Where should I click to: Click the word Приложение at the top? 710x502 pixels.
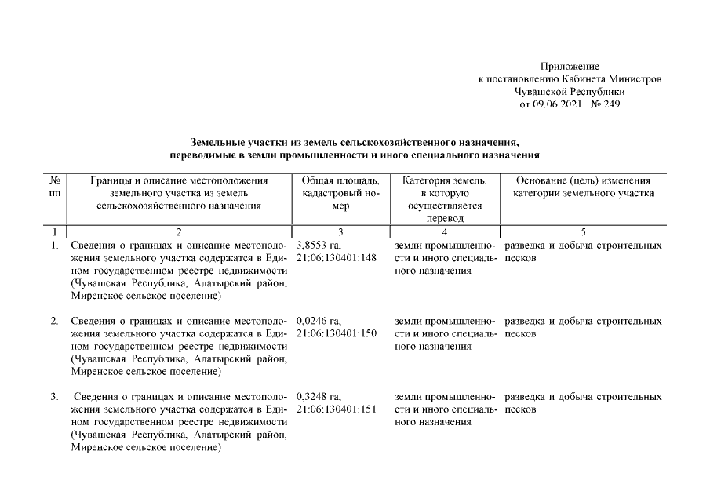coord(570,67)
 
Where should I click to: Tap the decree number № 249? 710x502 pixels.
coord(605,104)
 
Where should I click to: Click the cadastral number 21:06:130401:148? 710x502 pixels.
coord(337,258)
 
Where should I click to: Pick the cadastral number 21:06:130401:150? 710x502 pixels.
coord(337,334)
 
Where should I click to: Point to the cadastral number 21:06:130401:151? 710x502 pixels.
coord(337,409)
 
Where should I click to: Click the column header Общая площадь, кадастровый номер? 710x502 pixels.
coord(340,193)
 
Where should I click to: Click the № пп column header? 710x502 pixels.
coord(55,187)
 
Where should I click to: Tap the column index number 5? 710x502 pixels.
coord(583,232)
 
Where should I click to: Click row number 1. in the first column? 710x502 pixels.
coord(55,246)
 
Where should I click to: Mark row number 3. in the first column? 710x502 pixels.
coord(55,397)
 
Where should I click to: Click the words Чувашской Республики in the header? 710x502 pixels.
coord(570,92)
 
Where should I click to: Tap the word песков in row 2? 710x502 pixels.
coord(521,334)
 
